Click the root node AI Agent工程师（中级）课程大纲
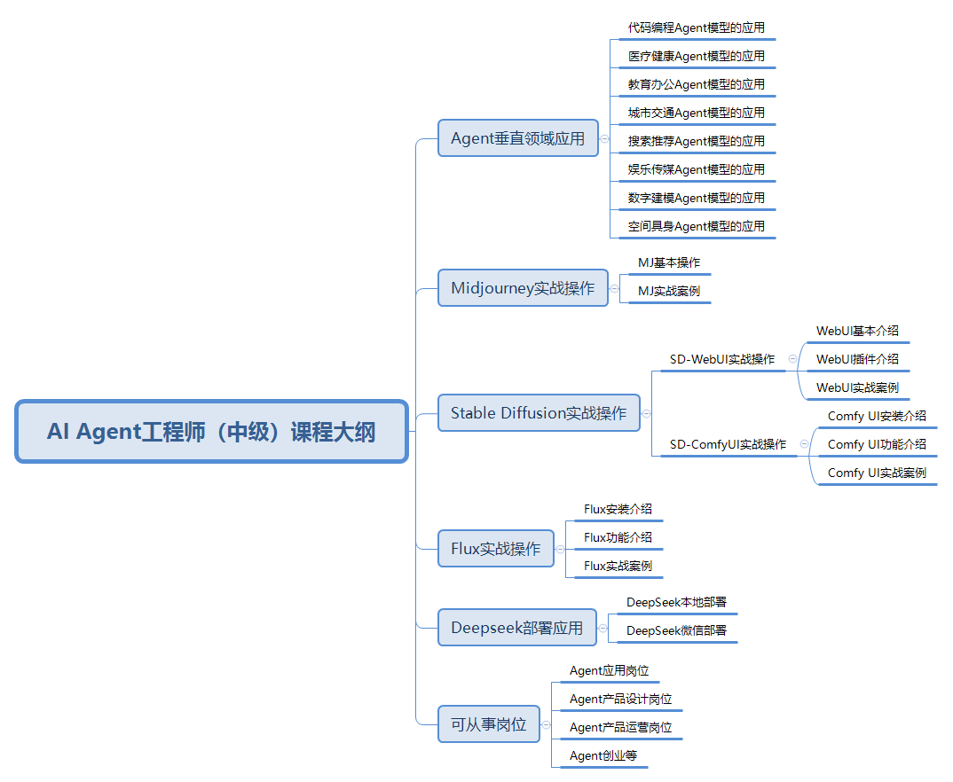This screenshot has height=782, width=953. point(211,432)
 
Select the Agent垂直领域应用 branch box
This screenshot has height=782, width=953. point(518,138)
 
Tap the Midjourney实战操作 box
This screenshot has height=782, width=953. point(523,288)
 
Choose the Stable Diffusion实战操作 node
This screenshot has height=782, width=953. point(539,413)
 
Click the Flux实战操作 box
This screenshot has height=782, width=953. point(495,549)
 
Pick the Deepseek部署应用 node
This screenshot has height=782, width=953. point(516,628)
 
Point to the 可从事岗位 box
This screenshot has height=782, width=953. point(488,724)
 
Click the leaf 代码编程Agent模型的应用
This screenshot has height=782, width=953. point(696,27)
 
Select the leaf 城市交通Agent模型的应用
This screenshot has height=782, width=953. point(696,113)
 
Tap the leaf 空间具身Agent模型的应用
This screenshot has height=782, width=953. point(696,226)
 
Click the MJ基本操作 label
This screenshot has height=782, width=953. point(669,263)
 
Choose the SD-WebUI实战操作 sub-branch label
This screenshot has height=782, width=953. point(721,359)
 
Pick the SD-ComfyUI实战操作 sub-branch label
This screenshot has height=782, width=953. point(728,444)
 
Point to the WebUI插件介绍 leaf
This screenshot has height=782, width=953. point(857,359)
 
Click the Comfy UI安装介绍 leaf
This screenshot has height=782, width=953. point(877,416)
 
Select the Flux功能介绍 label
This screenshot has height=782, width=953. point(618,537)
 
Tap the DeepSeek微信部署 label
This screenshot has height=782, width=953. point(676,630)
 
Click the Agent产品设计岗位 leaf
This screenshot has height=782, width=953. point(620,699)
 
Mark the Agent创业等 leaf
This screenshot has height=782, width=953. point(603,755)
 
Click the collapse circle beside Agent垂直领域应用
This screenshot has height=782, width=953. point(604,138)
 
